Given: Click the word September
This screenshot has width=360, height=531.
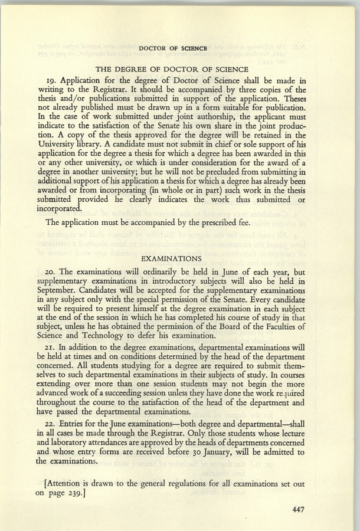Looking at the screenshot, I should coord(60,292).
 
